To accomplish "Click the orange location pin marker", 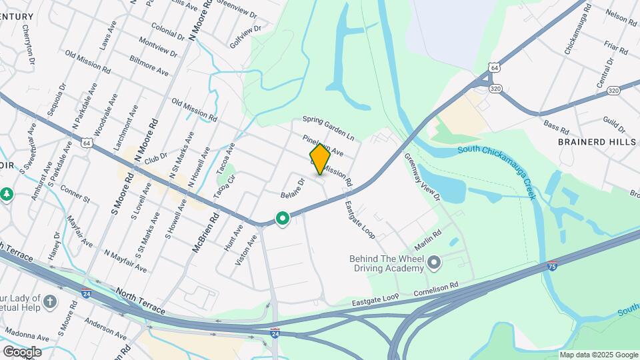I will tap(320, 159).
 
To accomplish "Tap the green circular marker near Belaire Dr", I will tap(283, 218).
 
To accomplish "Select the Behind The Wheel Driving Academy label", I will tap(387, 263).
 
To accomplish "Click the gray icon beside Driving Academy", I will tap(434, 263).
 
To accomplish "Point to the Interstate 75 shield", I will tap(553, 266).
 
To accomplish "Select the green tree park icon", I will tap(7, 194).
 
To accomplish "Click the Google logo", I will tap(22, 351).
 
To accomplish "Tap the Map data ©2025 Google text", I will tap(598, 355).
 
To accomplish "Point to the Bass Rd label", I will tap(555, 125).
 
